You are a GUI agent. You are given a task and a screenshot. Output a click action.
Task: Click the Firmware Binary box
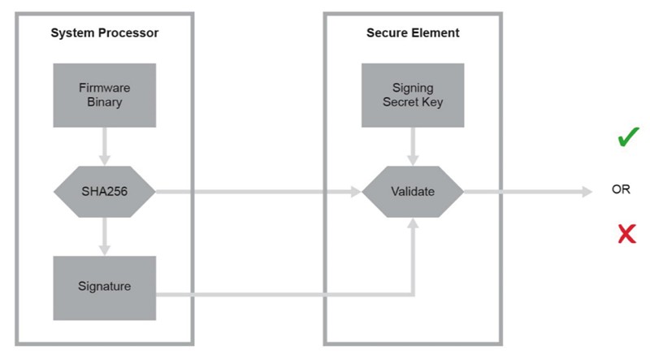[105, 95]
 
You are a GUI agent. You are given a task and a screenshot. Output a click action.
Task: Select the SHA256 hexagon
[105, 192]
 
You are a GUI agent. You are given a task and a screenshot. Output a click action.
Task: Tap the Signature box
[105, 288]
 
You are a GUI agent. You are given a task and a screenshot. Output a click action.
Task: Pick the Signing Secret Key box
[413, 95]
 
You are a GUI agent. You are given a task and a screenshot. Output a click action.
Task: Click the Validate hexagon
[413, 192]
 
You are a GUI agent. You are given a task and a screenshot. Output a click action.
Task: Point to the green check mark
[628, 137]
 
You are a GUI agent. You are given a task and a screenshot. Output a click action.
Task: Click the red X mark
[626, 233]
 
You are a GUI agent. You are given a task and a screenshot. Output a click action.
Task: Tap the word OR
[621, 189]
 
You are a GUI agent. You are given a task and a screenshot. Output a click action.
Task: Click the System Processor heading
[105, 33]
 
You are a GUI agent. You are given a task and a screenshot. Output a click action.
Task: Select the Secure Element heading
[413, 33]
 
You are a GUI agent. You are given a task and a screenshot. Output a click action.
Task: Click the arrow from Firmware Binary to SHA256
[105, 146]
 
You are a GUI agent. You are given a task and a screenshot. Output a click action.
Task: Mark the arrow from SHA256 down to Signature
[105, 236]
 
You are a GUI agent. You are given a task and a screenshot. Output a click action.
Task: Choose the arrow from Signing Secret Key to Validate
[413, 146]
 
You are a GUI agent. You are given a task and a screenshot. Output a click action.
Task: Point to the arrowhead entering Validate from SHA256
[356, 192]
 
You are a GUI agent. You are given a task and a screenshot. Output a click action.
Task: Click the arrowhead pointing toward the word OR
[587, 192]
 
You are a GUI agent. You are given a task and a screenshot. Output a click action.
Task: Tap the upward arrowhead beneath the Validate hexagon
[413, 223]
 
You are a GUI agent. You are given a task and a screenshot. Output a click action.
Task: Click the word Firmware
[105, 88]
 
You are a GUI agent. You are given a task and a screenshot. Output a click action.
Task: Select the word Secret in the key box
[401, 102]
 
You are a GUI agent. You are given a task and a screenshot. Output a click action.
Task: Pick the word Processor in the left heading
[132, 33]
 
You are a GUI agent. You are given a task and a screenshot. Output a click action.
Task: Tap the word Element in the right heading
[436, 33]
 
